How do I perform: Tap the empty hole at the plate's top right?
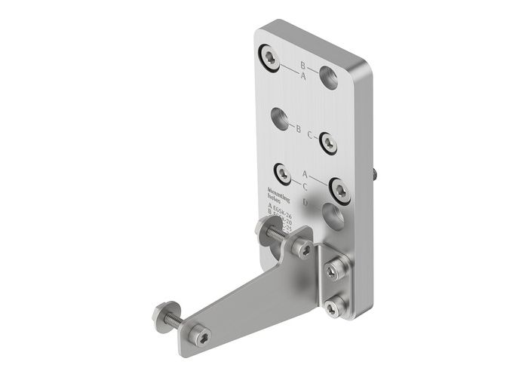[x=329, y=76]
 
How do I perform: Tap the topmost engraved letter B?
[x=302, y=65]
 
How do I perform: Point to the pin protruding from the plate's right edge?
[x=375, y=173]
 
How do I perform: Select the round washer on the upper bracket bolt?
[x=266, y=231]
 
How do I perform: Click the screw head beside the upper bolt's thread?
[x=302, y=248]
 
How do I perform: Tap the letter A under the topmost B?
[x=303, y=77]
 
